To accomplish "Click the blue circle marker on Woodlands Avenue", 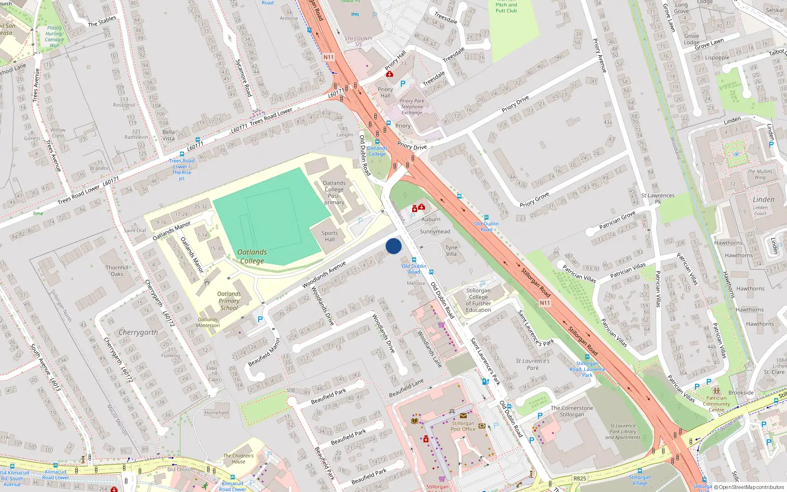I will [393, 246].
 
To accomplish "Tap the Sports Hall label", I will [330, 236].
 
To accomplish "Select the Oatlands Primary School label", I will [229, 301].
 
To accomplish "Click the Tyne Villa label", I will [451, 251].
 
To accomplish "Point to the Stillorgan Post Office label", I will [463, 426].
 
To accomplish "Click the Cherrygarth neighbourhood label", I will [138, 333].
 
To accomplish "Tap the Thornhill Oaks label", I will [117, 271].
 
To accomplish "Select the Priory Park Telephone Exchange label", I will [412, 107].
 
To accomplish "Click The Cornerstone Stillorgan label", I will [572, 411].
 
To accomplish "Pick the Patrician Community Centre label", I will [716, 404].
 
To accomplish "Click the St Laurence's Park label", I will [533, 364].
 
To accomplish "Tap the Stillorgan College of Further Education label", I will [478, 300].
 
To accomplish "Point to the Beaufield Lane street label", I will [406, 388].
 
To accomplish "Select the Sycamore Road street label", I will [243, 78].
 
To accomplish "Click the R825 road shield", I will [580, 478].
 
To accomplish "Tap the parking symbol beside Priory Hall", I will [403, 84].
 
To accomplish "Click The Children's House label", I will [239, 459].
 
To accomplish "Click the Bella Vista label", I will [169, 135].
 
